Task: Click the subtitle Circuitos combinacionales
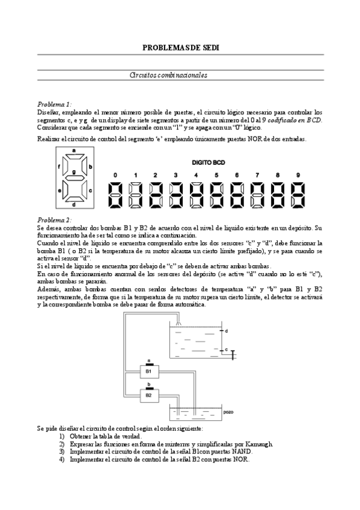point(168,75)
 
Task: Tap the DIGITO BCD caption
point(208,162)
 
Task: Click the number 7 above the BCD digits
point(257,175)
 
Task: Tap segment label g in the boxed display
point(73,172)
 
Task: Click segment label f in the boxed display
point(59,165)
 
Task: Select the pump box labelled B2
point(148,395)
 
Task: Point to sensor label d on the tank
point(226,331)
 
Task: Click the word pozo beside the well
point(228,413)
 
